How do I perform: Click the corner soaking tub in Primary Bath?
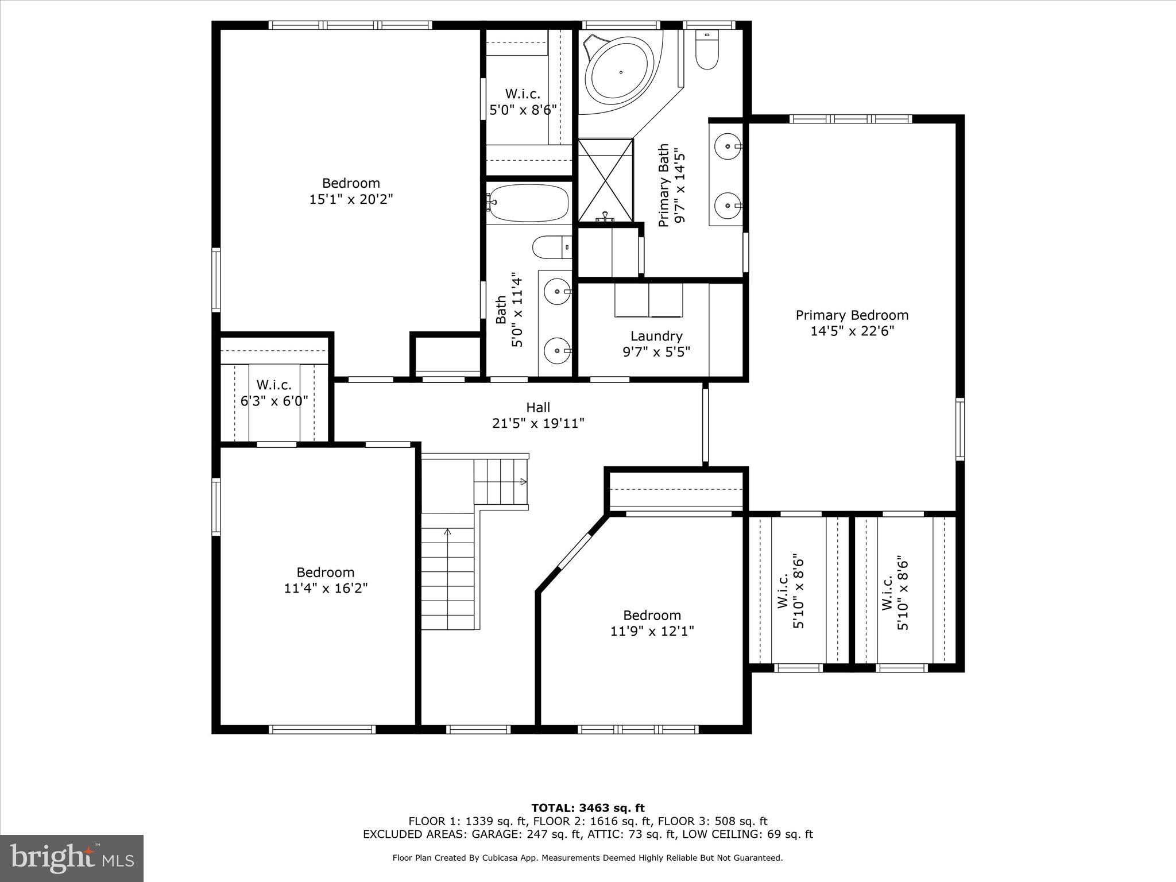click(620, 72)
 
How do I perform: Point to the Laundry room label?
click(656, 336)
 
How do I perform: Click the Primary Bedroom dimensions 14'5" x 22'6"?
click(852, 331)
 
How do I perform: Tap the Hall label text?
click(538, 408)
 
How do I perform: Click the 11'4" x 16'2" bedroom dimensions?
click(326, 589)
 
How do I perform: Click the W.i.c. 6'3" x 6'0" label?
click(274, 393)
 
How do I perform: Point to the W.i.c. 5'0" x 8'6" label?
click(523, 102)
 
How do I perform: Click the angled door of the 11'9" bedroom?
click(575, 551)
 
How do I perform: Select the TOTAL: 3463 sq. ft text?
click(587, 808)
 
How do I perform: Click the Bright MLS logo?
click(72, 858)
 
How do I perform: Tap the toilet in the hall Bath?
click(551, 247)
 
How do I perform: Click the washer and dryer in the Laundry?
click(648, 300)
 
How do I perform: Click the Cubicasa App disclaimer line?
click(587, 858)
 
